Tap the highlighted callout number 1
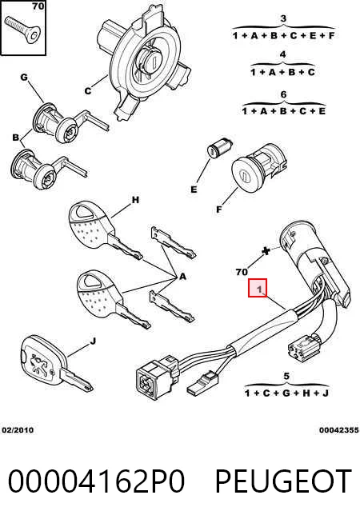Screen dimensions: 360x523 (258, 288)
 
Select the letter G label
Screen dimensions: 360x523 (24, 78)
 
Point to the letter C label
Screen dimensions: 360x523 (88, 90)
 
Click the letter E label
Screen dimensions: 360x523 (194, 190)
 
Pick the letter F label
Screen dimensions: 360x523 (219, 210)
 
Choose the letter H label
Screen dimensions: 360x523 (135, 200)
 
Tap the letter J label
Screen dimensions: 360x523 (94, 341)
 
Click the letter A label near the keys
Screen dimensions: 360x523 (182, 277)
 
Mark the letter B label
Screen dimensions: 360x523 (15, 137)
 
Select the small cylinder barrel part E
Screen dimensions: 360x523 (219, 146)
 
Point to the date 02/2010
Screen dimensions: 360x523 (18, 430)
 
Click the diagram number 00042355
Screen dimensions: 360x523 (338, 430)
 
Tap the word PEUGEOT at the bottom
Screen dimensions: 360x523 (283, 481)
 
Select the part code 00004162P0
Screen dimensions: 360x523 (96, 481)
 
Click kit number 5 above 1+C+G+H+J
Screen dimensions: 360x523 (286, 377)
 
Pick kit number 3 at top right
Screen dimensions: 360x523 (283, 18)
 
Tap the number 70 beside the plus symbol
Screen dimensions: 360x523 (242, 272)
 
